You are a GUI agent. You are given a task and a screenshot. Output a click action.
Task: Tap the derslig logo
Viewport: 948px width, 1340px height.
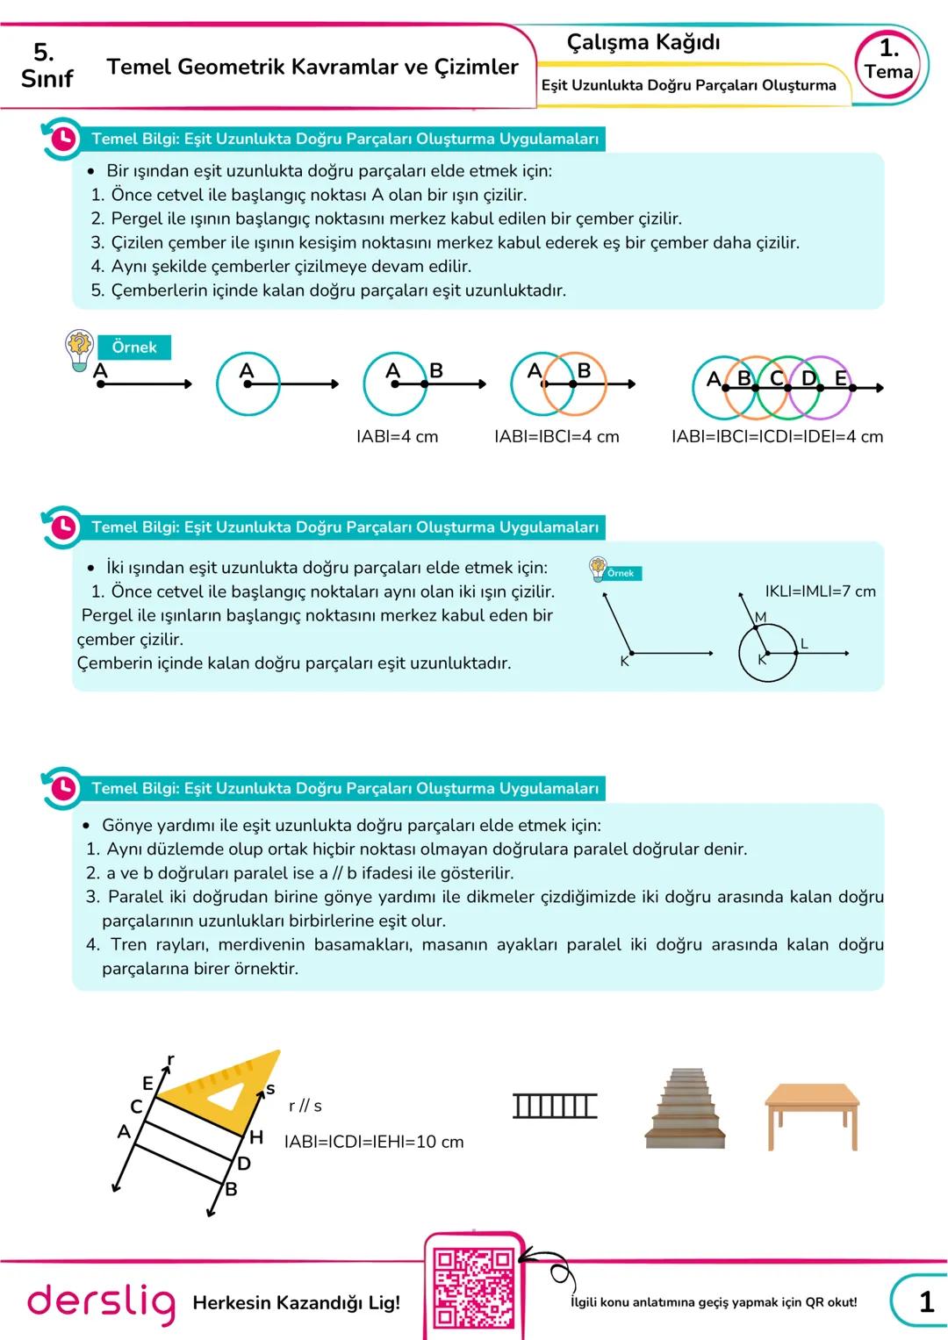pyautogui.click(x=101, y=1302)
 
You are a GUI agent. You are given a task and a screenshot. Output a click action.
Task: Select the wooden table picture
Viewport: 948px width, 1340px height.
pyautogui.click(x=812, y=1115)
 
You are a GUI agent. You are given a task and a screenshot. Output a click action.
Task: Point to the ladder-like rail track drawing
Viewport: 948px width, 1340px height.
pyautogui.click(x=555, y=1106)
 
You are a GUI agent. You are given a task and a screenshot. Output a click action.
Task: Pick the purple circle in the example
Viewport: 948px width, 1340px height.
pyautogui.click(x=820, y=387)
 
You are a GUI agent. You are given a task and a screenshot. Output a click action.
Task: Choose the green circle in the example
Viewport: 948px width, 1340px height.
pyautogui.click(x=787, y=387)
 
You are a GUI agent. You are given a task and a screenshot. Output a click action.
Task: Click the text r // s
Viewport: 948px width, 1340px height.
pyautogui.click(x=305, y=1106)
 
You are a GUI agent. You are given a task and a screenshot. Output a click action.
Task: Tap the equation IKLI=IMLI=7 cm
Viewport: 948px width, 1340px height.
pyautogui.click(x=820, y=591)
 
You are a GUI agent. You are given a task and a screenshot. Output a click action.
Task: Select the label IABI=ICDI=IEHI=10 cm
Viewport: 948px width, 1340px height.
pyautogui.click(x=374, y=1142)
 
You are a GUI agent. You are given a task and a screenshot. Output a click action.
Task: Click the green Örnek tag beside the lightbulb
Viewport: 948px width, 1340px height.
pyautogui.click(x=134, y=348)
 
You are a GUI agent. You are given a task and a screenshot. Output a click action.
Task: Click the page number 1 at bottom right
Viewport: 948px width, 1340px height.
pyautogui.click(x=926, y=1301)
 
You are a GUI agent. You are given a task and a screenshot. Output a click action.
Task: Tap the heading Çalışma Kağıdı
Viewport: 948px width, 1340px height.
pyautogui.click(x=643, y=42)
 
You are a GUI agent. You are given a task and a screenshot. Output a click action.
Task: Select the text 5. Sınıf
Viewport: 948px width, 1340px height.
pyautogui.click(x=47, y=66)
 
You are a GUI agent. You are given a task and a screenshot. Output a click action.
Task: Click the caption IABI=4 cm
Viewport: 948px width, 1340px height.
pyautogui.click(x=397, y=436)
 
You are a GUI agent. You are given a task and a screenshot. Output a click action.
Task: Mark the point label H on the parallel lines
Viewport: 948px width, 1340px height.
pyautogui.click(x=256, y=1137)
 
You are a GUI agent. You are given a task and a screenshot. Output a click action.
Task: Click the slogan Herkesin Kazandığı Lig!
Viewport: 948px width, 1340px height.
pyautogui.click(x=296, y=1302)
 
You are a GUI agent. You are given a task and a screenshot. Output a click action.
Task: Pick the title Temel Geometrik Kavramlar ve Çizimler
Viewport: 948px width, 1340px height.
pyautogui.click(x=312, y=67)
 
